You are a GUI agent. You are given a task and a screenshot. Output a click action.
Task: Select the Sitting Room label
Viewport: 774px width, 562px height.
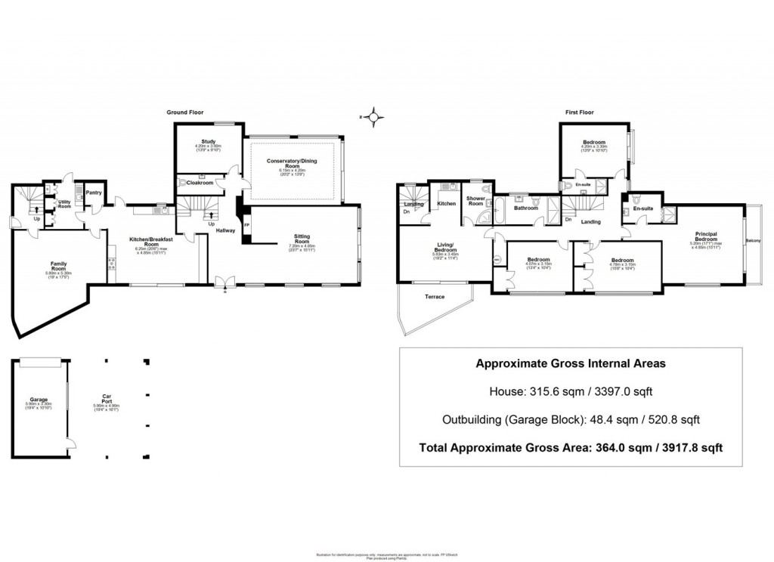[302, 239]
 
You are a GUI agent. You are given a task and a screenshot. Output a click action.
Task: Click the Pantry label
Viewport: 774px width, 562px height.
[94, 193]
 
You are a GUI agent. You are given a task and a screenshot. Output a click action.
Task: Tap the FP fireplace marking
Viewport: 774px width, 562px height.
[246, 224]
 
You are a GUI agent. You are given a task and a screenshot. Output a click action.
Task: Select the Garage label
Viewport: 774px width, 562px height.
[39, 399]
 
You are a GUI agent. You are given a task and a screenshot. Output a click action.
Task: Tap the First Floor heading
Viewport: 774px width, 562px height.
[580, 112]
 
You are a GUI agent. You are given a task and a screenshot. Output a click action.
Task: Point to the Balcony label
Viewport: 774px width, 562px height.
[753, 241]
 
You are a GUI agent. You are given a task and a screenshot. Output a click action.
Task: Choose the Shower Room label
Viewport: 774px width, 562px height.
[475, 201]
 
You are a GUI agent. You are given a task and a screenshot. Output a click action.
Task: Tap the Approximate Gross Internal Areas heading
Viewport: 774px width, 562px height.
[570, 363]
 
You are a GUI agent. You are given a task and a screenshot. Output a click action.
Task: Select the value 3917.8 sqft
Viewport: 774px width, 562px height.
[689, 447]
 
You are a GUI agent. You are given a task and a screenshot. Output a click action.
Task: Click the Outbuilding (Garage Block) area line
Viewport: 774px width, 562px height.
[570, 419]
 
